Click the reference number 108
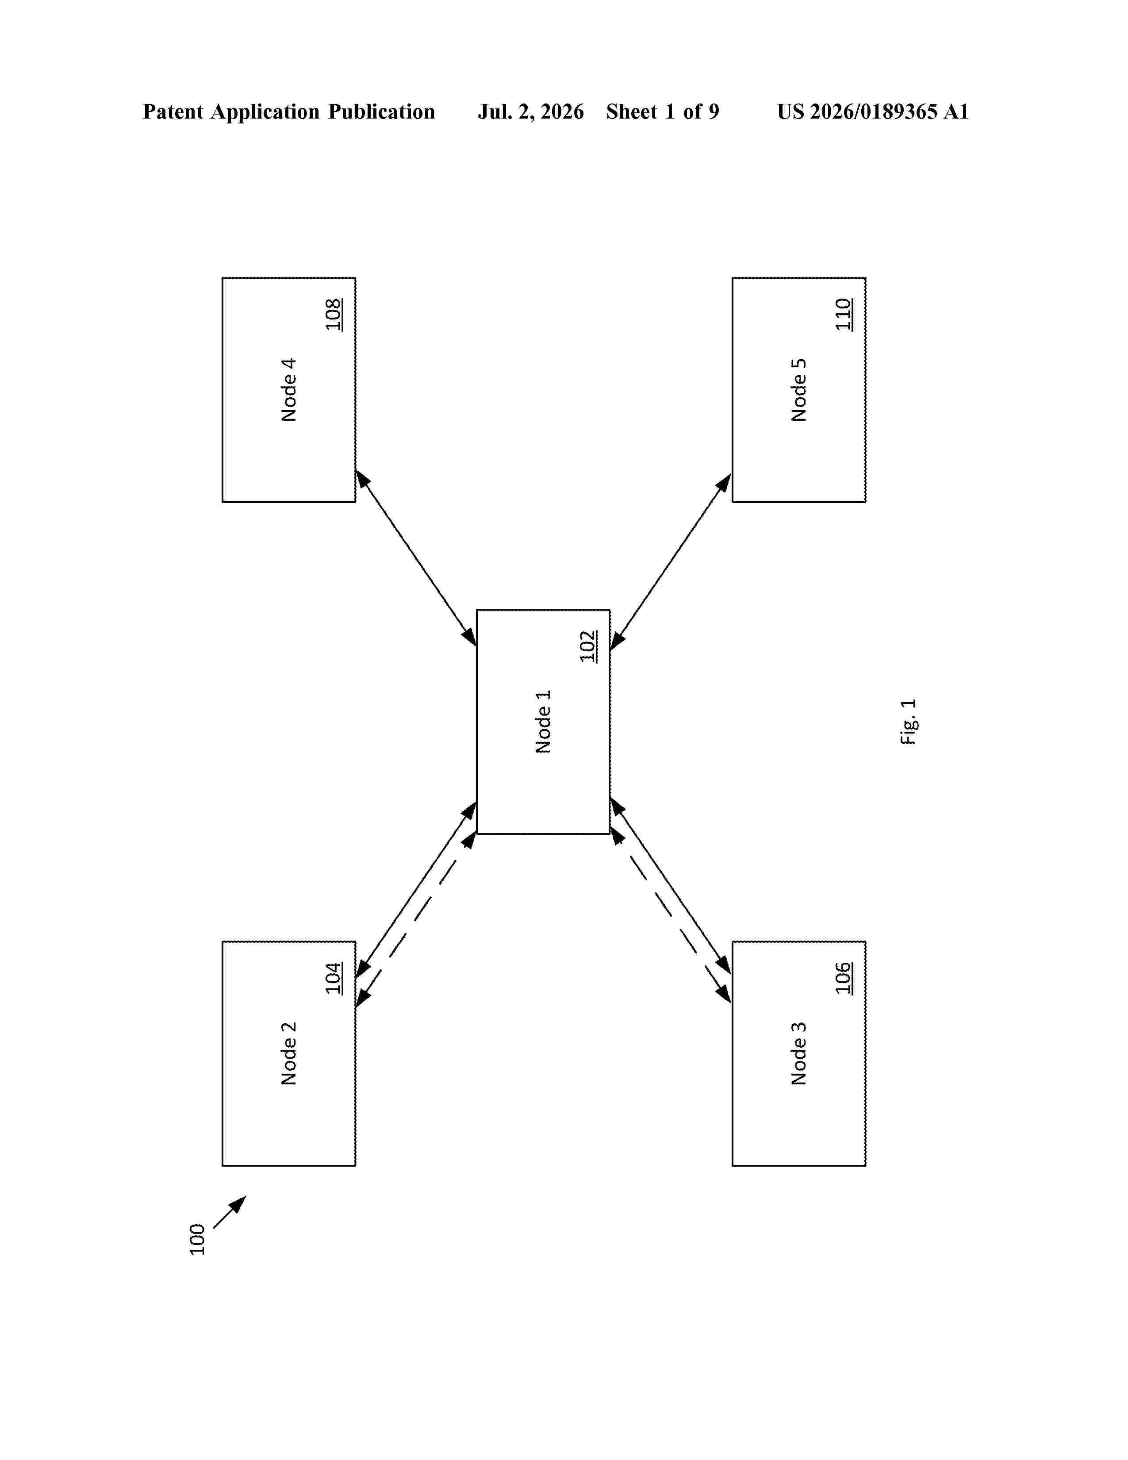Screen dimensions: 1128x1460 [x=334, y=314]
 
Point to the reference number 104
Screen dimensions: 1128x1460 [x=334, y=978]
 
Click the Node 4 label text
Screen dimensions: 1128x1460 [x=289, y=390]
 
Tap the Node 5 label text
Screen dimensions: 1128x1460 [x=798, y=390]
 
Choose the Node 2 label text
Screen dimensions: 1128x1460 [x=289, y=1053]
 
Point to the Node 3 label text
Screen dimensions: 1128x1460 [x=798, y=1053]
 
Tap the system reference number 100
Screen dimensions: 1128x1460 [x=197, y=1239]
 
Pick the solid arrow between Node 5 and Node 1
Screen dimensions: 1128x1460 [x=671, y=561]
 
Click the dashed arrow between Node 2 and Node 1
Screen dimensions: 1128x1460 [x=416, y=919]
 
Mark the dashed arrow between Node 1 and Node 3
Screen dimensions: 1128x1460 [x=671, y=915]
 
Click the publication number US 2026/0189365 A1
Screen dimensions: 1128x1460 [x=873, y=111]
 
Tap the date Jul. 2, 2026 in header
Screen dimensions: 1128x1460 [x=530, y=111]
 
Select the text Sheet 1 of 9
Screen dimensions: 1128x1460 [x=663, y=111]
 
